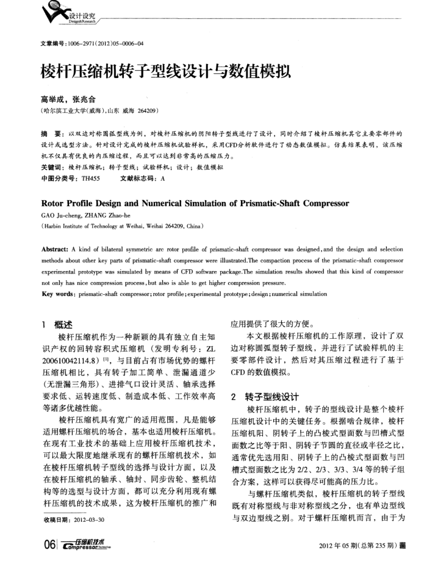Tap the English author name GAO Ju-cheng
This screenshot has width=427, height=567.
[59, 214]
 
